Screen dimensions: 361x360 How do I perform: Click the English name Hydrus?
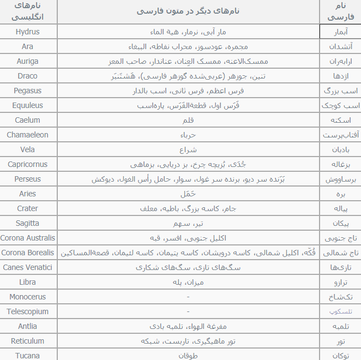click(x=28, y=32)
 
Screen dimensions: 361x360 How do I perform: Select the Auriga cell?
click(x=28, y=61)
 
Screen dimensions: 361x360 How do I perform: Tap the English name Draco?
click(x=28, y=76)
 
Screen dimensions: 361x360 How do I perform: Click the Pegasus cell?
click(x=28, y=91)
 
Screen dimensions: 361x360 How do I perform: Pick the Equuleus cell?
click(x=28, y=105)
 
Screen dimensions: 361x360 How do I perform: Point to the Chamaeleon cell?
click(x=28, y=135)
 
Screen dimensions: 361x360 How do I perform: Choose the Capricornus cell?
click(x=28, y=164)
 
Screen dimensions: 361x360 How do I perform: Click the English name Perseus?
click(x=28, y=179)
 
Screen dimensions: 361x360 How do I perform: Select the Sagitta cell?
click(x=28, y=223)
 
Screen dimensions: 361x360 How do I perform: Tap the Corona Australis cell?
click(x=28, y=238)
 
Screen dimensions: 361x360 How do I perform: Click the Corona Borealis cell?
click(x=28, y=253)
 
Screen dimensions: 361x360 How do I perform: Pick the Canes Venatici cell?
click(x=28, y=267)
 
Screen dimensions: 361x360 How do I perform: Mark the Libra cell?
click(x=28, y=282)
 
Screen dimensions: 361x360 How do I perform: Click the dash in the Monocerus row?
click(x=188, y=297)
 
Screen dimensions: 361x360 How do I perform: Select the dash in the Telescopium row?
click(x=188, y=312)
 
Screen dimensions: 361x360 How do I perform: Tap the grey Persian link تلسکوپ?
click(x=341, y=312)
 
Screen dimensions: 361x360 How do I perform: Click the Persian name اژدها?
click(x=341, y=76)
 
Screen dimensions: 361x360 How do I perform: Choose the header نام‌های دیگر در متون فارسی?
click(x=188, y=11)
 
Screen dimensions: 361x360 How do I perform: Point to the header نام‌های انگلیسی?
click(x=28, y=11)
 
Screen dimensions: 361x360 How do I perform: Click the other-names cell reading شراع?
click(x=188, y=149)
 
